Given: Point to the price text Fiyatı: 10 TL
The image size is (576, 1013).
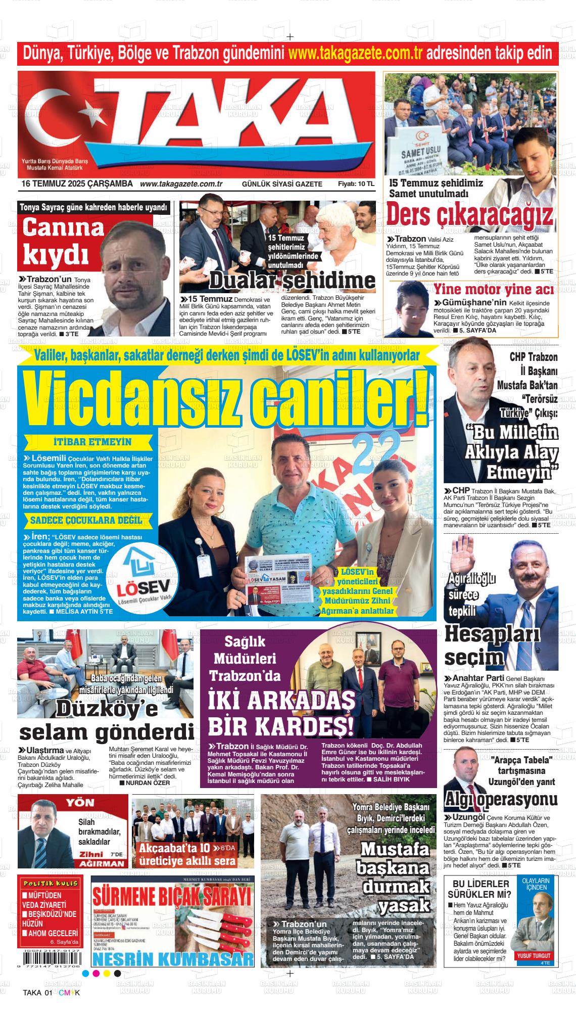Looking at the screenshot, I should tap(356, 185).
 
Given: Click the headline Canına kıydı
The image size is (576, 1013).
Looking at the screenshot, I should tap(63, 242).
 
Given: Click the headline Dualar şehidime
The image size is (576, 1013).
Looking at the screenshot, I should tap(292, 280).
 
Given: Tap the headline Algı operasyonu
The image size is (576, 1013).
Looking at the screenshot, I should tap(501, 799).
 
